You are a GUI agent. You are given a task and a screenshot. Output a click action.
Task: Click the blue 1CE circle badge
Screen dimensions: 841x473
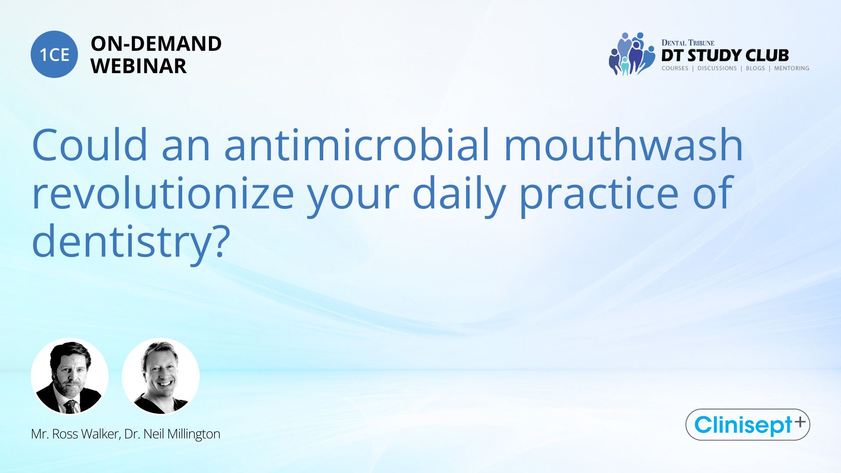(x=54, y=54)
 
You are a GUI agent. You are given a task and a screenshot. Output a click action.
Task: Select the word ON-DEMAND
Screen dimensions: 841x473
(x=156, y=44)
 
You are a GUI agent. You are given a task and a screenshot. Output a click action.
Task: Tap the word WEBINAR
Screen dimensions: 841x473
(x=138, y=66)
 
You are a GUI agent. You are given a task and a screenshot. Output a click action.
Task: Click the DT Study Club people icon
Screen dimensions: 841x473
(x=632, y=54)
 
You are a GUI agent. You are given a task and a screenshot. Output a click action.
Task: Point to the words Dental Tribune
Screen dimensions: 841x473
(x=688, y=42)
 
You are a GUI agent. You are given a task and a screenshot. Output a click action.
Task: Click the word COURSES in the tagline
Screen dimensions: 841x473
(x=675, y=68)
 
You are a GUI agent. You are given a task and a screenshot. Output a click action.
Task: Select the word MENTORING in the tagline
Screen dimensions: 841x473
(x=792, y=68)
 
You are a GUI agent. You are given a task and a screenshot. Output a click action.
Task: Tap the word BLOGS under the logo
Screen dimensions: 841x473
(x=755, y=68)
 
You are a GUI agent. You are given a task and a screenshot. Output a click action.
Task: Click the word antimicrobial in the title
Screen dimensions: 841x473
(x=357, y=145)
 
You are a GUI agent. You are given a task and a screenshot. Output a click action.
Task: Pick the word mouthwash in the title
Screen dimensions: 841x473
(x=624, y=145)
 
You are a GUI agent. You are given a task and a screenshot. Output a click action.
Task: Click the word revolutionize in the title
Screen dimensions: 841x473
(x=163, y=193)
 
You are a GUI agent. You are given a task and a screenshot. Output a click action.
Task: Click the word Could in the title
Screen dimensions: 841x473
(x=90, y=145)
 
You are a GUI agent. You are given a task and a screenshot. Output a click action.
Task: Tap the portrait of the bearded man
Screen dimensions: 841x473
(x=70, y=376)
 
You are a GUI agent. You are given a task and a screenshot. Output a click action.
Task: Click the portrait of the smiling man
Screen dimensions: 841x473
(x=161, y=376)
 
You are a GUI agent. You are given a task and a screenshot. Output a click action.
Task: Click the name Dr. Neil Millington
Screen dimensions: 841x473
(x=172, y=434)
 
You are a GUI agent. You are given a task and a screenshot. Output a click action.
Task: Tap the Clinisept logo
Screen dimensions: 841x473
(x=748, y=424)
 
